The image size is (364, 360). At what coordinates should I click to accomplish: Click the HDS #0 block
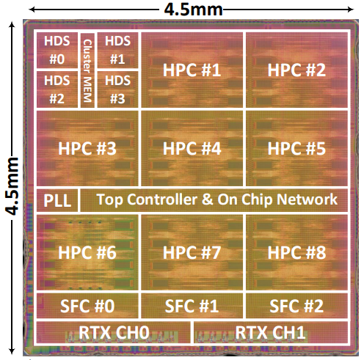click(57, 51)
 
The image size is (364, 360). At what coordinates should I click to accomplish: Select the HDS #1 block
click(117, 51)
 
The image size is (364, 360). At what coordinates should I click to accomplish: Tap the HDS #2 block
click(57, 89)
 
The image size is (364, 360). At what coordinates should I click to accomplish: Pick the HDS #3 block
click(117, 89)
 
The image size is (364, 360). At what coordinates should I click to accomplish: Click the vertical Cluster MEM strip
click(87, 70)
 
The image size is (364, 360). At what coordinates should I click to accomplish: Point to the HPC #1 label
click(192, 70)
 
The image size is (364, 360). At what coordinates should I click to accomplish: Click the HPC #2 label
click(296, 70)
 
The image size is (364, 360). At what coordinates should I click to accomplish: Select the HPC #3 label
click(87, 148)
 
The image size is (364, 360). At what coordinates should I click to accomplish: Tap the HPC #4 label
click(192, 148)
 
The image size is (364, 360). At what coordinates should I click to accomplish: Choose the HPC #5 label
click(296, 148)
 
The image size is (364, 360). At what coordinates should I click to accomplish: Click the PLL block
click(57, 200)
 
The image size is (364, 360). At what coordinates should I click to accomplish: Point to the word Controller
click(162, 199)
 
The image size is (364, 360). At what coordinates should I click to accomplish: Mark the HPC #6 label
click(87, 252)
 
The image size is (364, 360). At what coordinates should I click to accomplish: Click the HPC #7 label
click(192, 252)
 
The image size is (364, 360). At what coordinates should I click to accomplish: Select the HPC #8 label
click(296, 252)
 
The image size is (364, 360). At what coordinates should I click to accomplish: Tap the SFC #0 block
click(87, 306)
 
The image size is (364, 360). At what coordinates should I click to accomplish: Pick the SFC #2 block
click(296, 306)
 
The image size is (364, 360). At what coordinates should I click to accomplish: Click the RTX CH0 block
click(114, 332)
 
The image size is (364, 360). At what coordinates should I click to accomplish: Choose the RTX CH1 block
click(271, 332)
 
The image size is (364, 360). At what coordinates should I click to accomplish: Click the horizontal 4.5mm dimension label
click(193, 10)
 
